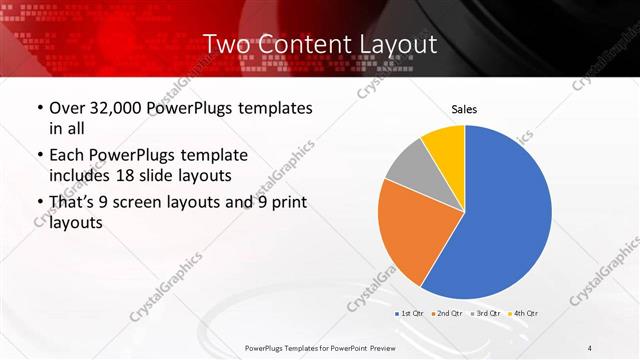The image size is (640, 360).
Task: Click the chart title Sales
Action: (x=464, y=108)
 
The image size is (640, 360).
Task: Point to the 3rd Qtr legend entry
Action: (x=487, y=314)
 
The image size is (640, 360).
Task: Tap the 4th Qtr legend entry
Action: (x=524, y=314)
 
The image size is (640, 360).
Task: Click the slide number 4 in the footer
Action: (x=590, y=347)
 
